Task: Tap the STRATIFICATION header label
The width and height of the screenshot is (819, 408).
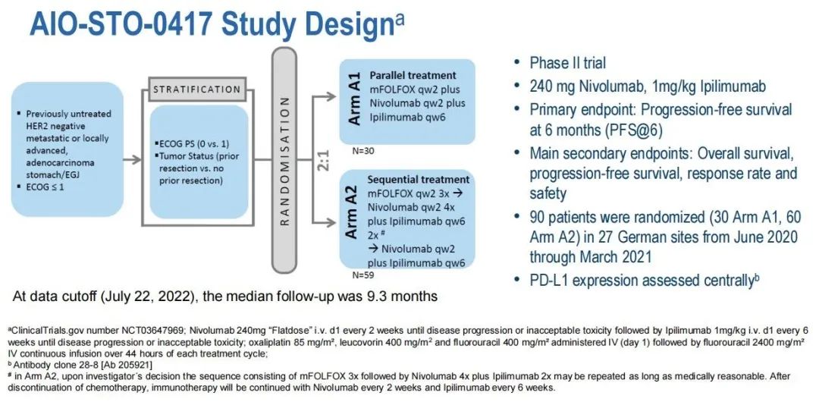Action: point(196,89)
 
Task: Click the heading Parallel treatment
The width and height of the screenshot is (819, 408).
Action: point(413,76)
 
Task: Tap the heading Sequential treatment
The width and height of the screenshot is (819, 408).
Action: point(418,180)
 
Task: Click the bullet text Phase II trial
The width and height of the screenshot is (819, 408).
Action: point(567,63)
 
